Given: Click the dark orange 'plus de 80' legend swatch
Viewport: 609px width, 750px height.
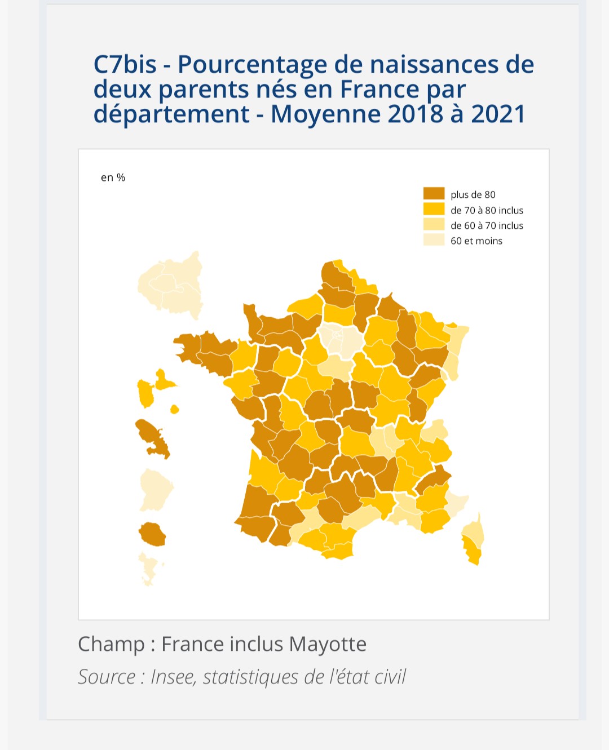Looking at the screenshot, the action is (434, 193).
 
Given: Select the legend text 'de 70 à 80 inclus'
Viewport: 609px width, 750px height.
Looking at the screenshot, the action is (487, 210).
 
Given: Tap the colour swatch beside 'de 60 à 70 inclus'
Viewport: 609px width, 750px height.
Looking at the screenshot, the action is (434, 224).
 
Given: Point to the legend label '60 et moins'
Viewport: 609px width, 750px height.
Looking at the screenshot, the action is (476, 241).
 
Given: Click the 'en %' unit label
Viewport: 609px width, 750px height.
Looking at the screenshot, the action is (113, 177).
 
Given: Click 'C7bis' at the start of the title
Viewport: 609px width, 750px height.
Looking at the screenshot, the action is (125, 64).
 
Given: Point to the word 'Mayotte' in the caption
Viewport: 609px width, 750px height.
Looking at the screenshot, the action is (328, 645).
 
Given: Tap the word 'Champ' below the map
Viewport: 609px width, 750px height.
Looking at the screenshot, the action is (111, 645).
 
